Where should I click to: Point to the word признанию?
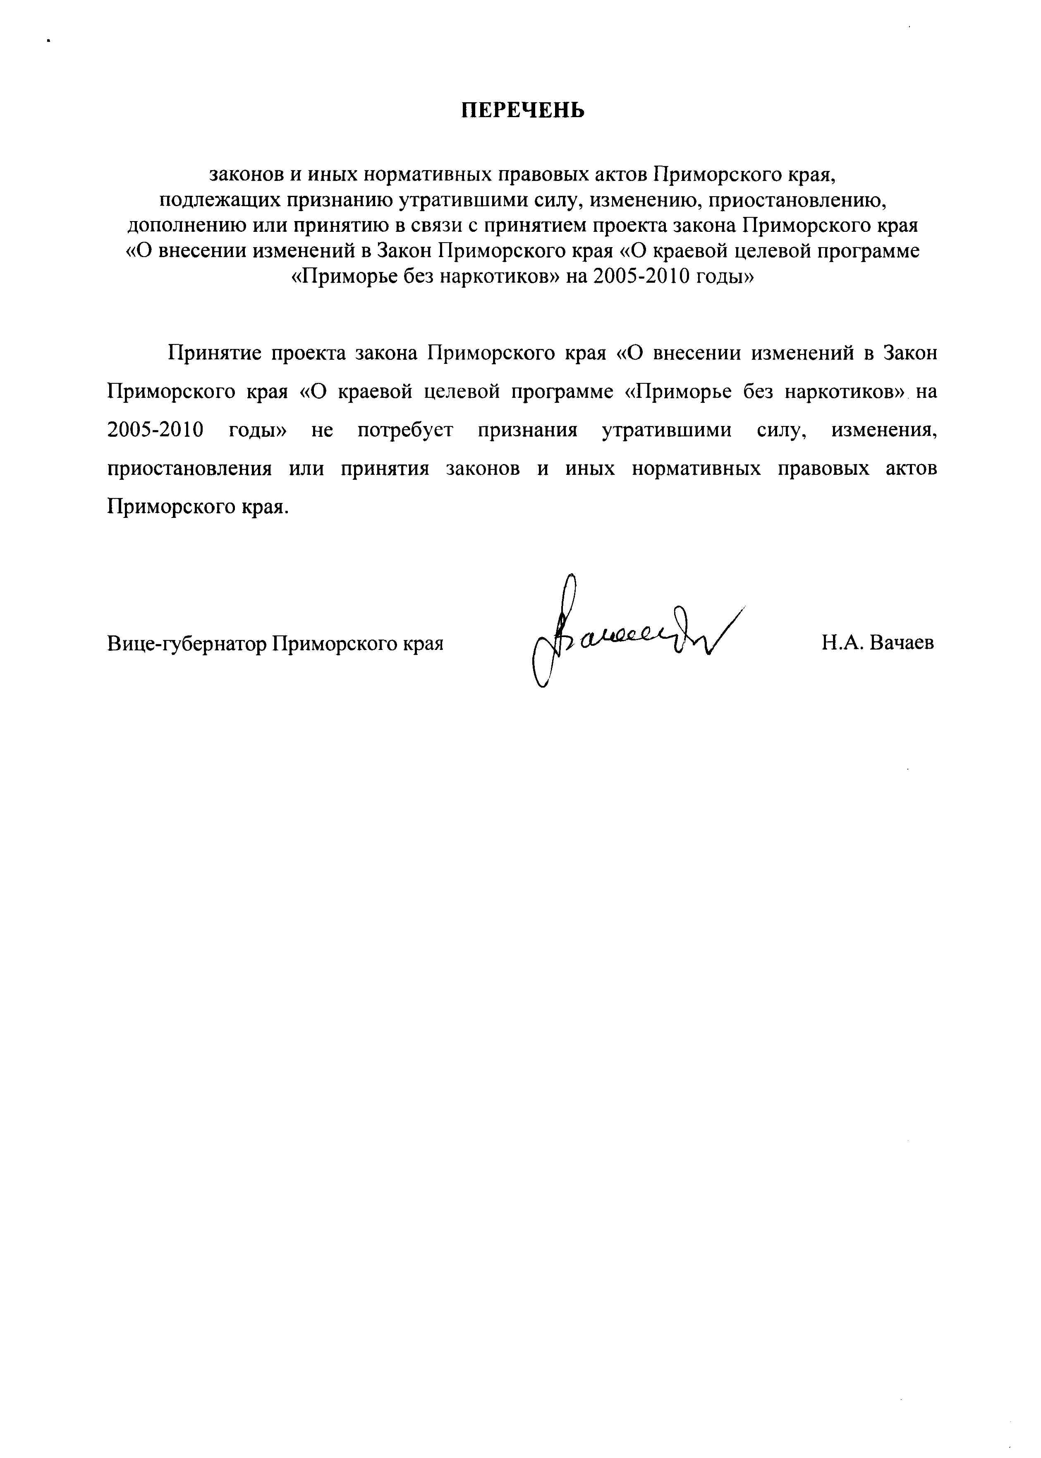(x=339, y=201)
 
